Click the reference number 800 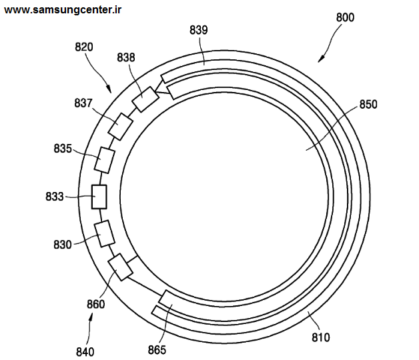[345, 17]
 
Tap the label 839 [199, 30]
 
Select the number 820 [84, 47]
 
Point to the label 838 [126, 57]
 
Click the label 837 [83, 103]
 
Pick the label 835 [63, 149]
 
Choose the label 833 [55, 197]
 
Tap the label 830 [63, 245]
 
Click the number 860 [95, 304]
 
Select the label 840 [85, 352]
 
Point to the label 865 [157, 350]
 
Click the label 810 [321, 337]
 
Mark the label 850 [368, 105]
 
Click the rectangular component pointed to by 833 [99, 197]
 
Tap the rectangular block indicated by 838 [145, 99]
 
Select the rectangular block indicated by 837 [120, 127]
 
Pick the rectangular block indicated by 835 [105, 160]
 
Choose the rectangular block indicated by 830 [105, 234]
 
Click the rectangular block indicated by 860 [120, 267]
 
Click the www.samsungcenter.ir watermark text [63, 10]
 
